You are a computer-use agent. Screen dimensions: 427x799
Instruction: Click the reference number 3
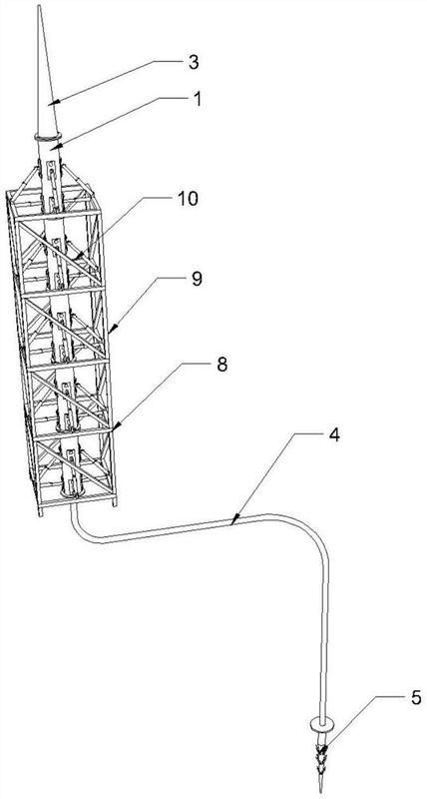coord(194,63)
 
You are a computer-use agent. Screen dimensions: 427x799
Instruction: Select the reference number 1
coord(197,98)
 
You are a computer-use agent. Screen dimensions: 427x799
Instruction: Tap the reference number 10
coord(188,199)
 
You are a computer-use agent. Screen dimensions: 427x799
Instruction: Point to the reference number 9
coord(197,279)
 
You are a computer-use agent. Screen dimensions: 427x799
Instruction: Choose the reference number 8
coord(221,366)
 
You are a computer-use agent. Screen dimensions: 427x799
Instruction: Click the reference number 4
coord(333,436)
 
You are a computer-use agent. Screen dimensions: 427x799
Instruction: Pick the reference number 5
coord(415,697)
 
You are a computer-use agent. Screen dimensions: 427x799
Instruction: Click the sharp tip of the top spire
coord(38,6)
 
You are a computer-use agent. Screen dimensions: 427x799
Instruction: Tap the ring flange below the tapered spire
coord(48,137)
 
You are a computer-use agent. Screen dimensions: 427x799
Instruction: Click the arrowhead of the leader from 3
coord(53,102)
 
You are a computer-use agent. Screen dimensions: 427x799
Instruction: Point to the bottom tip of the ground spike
coord(321,791)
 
